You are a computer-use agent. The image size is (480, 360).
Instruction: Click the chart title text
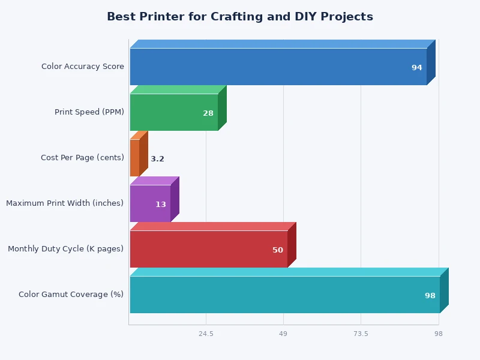(x=240, y=17)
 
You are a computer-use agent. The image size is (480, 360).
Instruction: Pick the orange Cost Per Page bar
(x=135, y=158)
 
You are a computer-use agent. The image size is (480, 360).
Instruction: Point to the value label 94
(x=417, y=68)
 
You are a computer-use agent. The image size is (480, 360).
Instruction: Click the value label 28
(x=208, y=113)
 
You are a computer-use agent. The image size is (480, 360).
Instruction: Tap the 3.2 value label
(x=157, y=159)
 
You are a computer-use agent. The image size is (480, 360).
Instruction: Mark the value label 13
(x=161, y=205)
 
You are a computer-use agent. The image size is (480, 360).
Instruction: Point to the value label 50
(x=278, y=250)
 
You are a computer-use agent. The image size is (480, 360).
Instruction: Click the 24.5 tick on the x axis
(x=206, y=334)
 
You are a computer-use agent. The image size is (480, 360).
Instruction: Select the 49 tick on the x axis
(x=283, y=334)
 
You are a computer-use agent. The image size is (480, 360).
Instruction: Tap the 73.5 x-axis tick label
(x=361, y=334)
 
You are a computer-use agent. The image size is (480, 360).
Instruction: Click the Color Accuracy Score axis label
(x=83, y=67)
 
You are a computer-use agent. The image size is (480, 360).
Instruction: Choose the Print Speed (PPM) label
(x=89, y=112)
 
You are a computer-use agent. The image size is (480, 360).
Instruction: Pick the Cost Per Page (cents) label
(x=82, y=158)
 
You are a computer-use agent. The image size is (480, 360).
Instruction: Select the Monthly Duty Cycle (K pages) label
(x=65, y=249)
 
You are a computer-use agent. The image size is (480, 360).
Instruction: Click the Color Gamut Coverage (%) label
(x=71, y=295)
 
